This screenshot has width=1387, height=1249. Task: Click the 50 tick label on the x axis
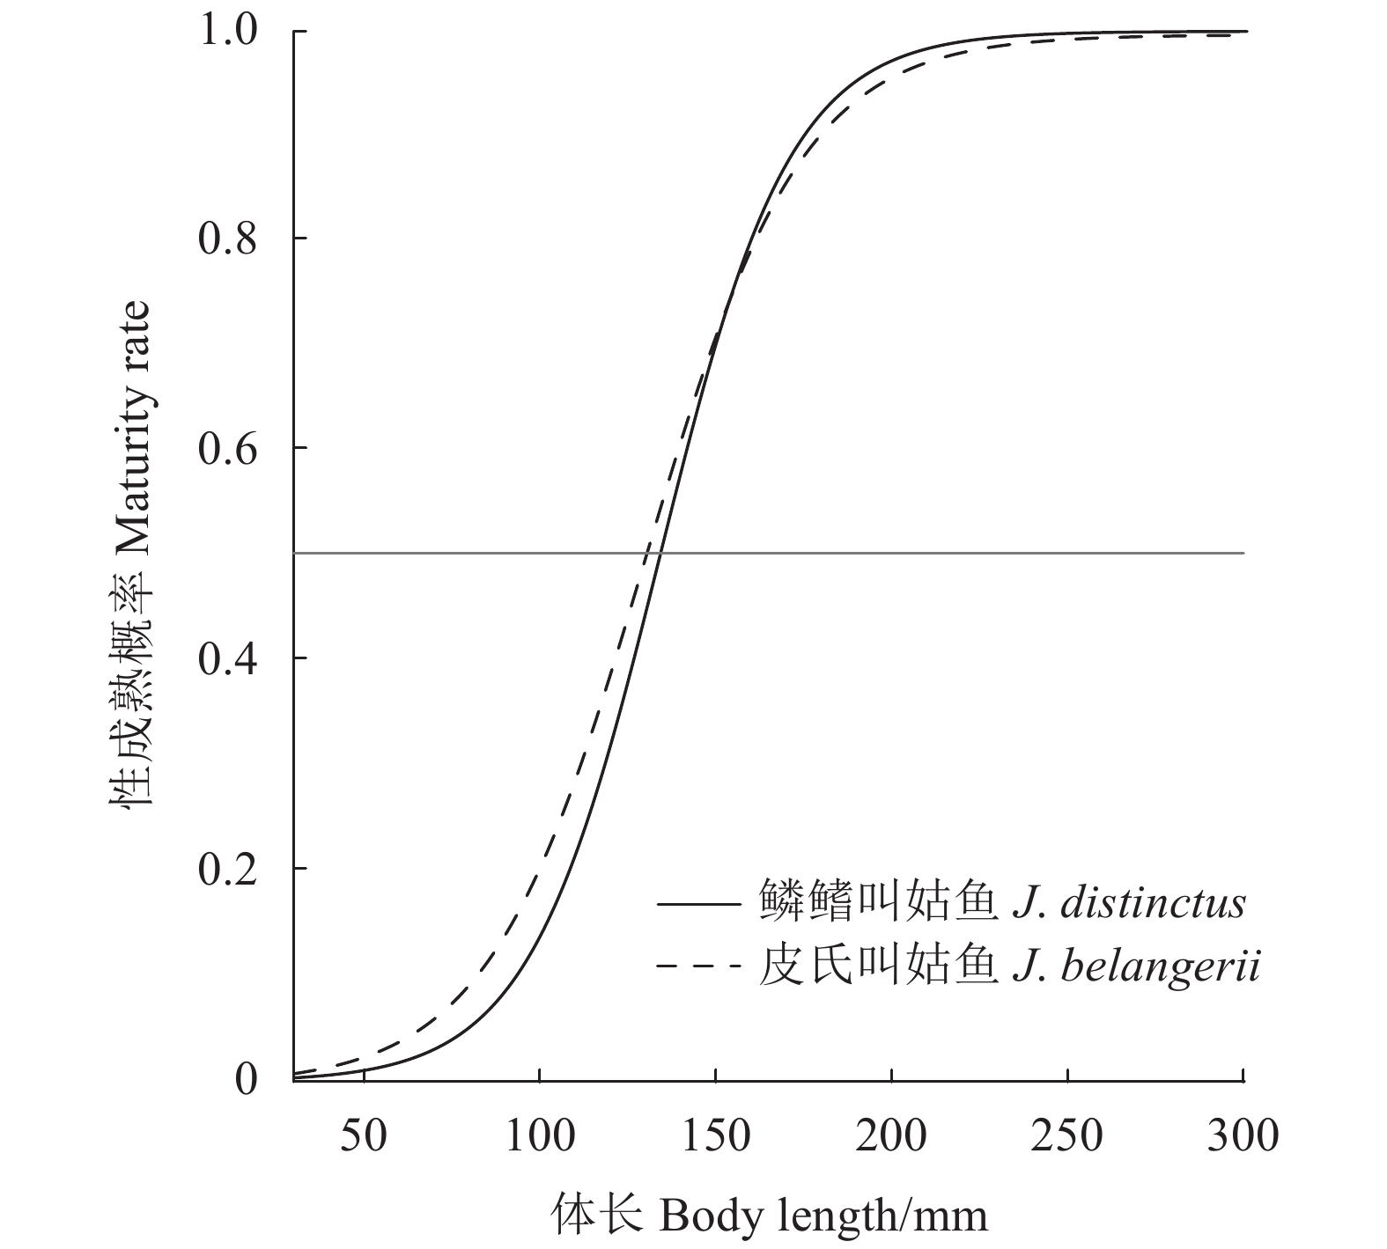[x=363, y=1135]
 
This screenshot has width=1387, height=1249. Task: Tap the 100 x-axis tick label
[x=539, y=1135]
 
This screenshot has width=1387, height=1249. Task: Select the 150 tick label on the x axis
[x=715, y=1135]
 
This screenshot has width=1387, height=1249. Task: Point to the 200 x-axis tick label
[x=891, y=1135]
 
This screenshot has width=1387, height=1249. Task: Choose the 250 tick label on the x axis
[x=1067, y=1135]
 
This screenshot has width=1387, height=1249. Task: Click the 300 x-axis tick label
[x=1243, y=1135]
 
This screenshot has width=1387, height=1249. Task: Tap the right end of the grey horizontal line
[x=1243, y=553]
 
